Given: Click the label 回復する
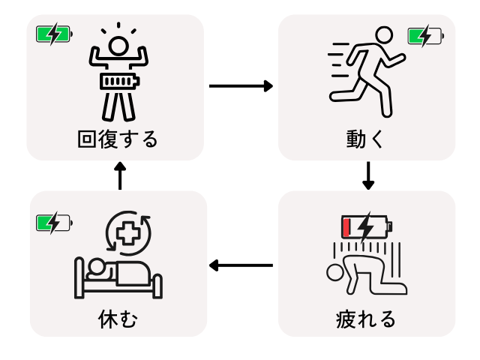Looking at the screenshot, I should coord(118,139).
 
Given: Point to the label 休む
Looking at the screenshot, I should coord(118,319).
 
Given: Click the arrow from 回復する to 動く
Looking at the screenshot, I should coord(241,86).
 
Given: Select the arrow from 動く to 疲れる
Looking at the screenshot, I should coord(367,175).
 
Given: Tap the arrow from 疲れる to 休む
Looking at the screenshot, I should coord(241,265).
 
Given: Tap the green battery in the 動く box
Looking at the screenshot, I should coord(425,35).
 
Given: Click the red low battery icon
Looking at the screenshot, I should coord(367,225).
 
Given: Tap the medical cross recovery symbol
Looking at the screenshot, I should coord(128,232).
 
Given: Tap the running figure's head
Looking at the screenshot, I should coord(383,34).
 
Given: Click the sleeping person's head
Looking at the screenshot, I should coord(95,265).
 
